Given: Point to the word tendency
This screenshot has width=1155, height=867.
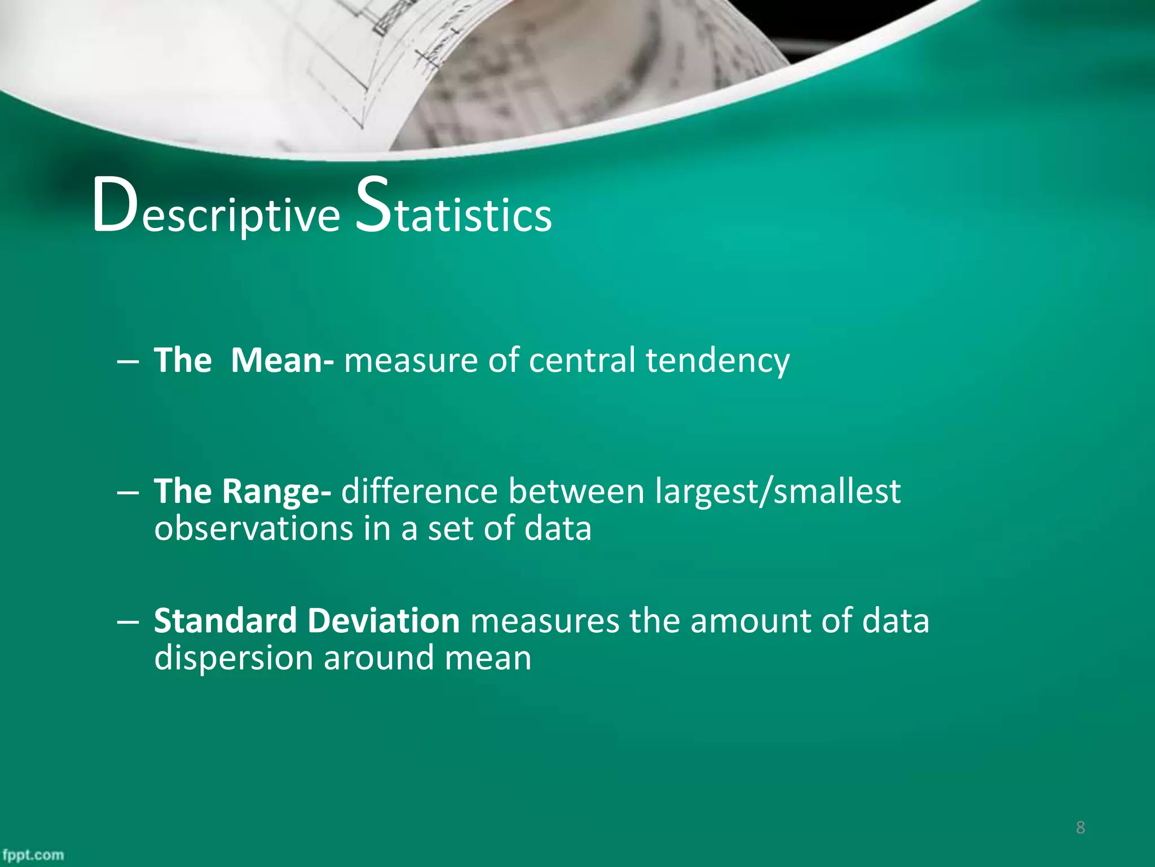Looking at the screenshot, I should [x=717, y=361].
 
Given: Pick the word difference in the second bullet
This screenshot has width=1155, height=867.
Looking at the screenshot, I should [x=420, y=491].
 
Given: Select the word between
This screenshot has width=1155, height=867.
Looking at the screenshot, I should [x=576, y=491].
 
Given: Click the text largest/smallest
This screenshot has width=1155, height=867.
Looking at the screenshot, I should [x=778, y=491].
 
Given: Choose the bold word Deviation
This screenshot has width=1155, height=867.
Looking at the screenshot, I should [x=383, y=621].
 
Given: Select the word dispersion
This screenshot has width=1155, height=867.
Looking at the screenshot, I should [x=233, y=659].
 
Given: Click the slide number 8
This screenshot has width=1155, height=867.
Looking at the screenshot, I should [x=1080, y=827].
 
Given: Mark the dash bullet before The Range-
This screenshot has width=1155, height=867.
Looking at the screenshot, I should [x=128, y=492].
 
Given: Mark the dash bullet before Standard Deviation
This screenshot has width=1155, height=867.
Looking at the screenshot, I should [x=128, y=622].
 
